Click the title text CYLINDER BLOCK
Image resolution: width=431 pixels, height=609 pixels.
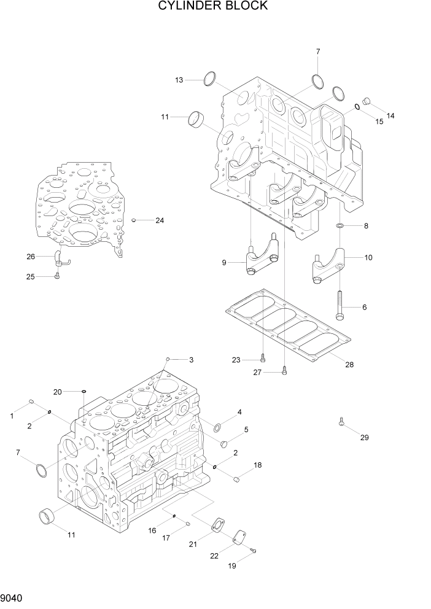213,6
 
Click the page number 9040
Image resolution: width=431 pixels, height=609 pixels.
13,595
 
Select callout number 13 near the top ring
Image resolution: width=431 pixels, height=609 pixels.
179,80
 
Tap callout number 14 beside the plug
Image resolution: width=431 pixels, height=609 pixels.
390,115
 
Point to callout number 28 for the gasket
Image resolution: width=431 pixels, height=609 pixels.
349,365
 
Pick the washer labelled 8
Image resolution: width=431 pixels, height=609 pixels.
340,227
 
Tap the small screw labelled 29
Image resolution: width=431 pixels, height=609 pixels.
341,422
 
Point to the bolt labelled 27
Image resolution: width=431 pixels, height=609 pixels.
284,370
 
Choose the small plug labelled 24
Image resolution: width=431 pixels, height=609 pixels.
134,220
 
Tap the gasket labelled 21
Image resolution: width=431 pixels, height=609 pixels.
217,527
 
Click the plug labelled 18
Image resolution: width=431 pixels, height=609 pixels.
236,479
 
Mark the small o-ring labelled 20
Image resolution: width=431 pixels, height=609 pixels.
84,391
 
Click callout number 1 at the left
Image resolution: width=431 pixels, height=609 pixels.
12,416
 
